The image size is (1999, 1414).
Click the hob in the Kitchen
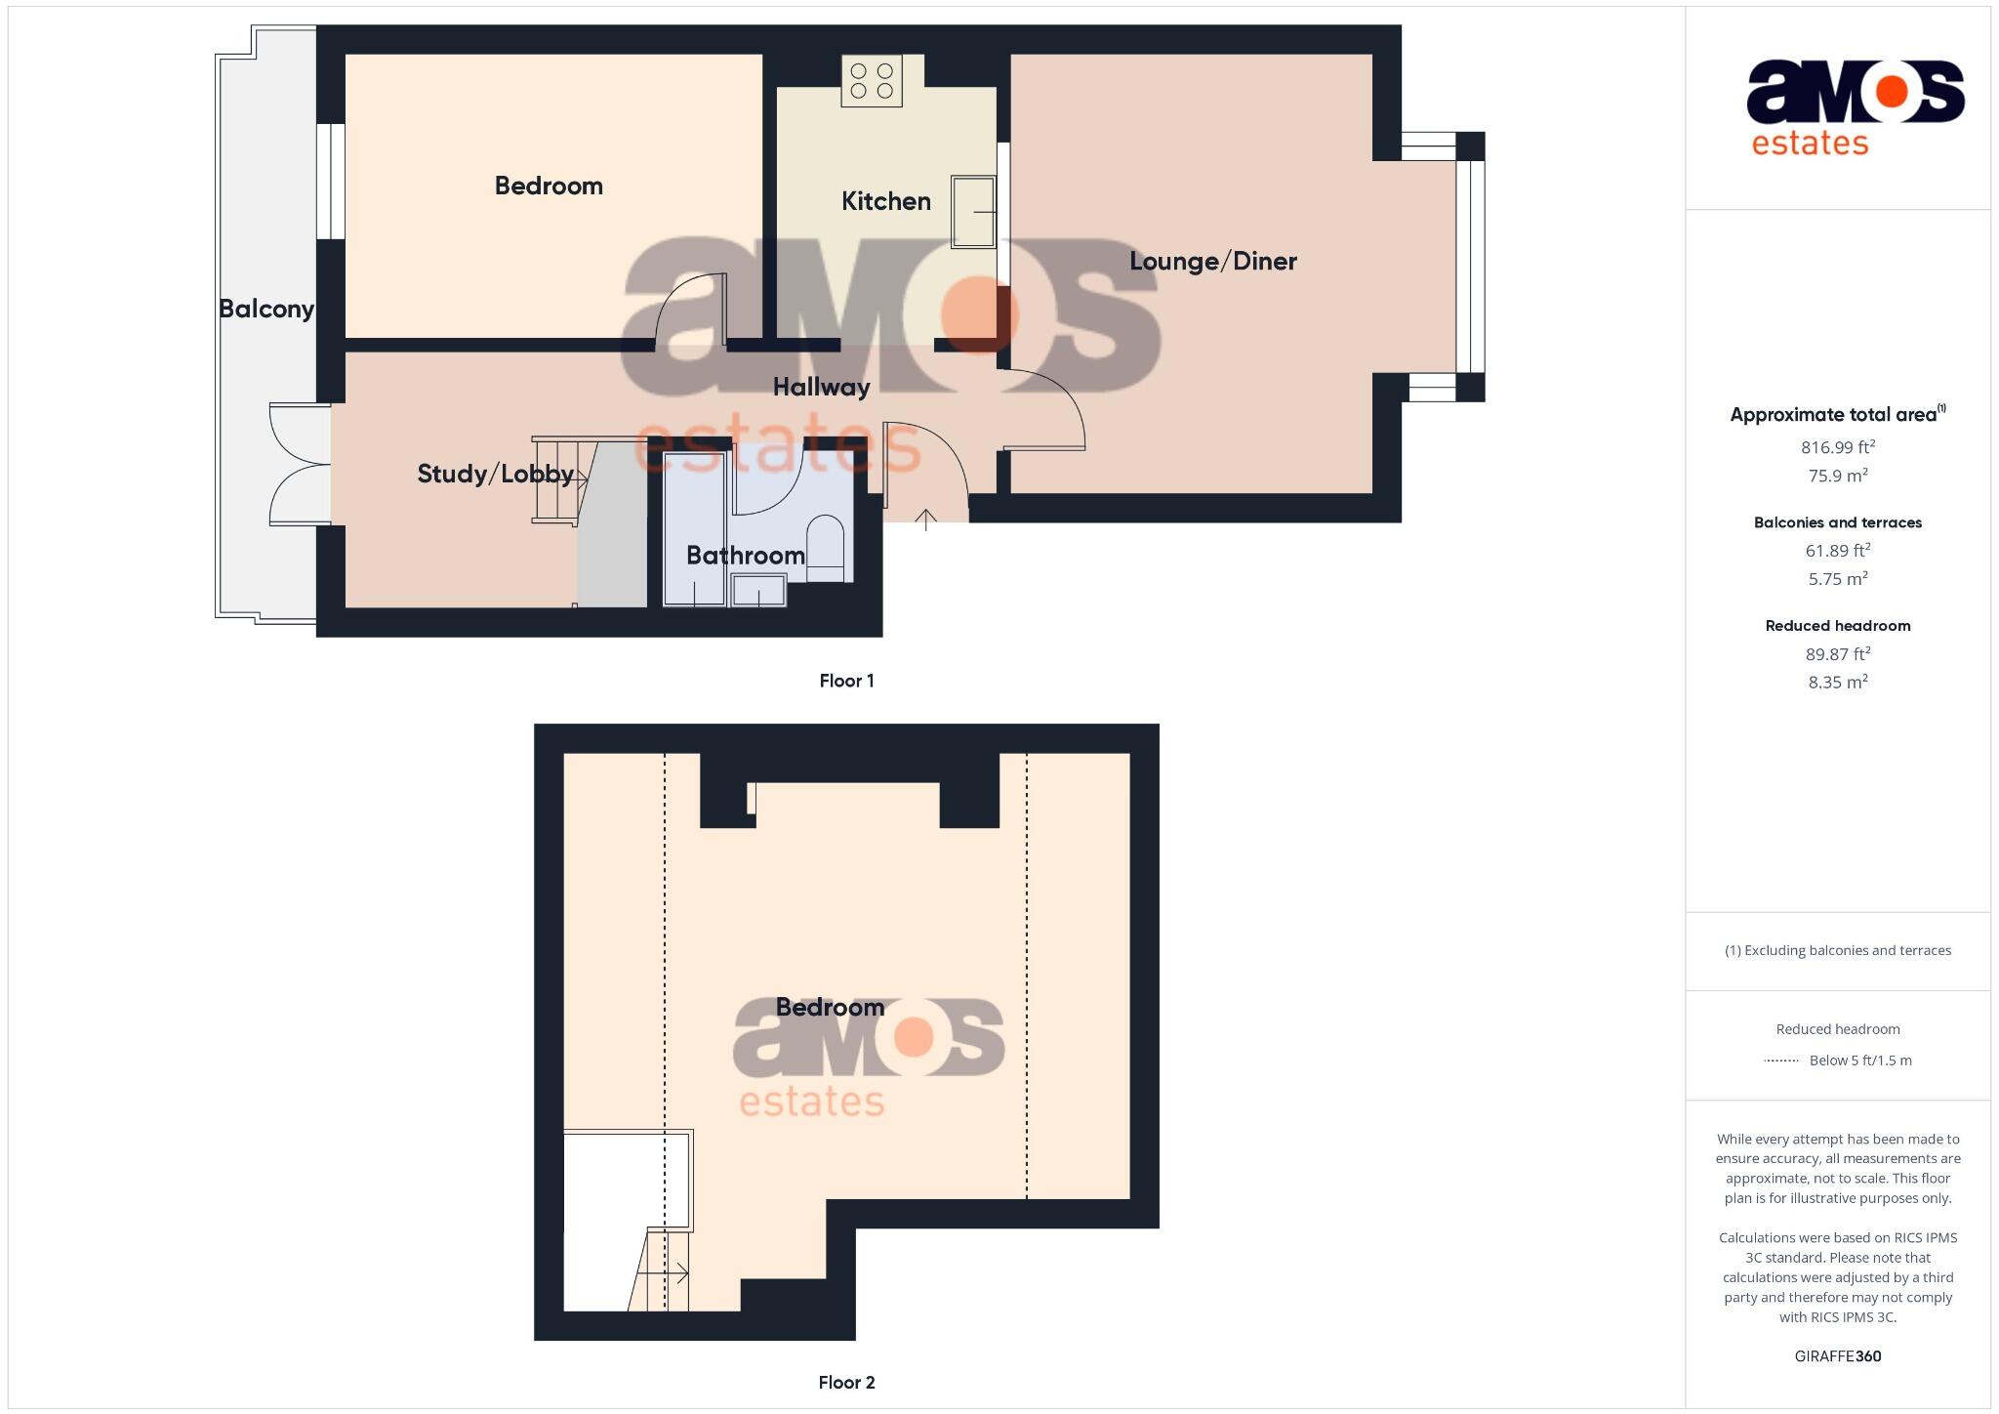tap(872, 81)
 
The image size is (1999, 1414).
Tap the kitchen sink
tap(973, 212)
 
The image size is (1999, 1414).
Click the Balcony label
tap(265, 310)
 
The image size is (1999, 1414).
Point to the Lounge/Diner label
tap(1212, 262)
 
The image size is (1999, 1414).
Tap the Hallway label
tap(821, 388)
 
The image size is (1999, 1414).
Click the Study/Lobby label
tap(495, 475)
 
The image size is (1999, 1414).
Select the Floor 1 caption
tap(846, 681)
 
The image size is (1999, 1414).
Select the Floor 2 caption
tap(846, 1382)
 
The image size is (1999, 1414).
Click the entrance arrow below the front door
tap(925, 519)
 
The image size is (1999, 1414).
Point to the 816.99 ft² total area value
tap(1837, 447)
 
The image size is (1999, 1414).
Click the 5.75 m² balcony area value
tap(1837, 578)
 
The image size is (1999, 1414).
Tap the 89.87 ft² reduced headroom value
tap(1837, 653)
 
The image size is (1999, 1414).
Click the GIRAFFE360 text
tap(1837, 1355)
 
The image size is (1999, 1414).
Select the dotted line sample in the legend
tap(1781, 1060)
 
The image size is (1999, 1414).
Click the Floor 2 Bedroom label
tap(830, 1007)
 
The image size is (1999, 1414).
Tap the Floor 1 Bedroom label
tap(549, 187)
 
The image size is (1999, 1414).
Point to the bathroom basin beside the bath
tap(758, 591)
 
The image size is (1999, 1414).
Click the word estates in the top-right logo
tap(1810, 144)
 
